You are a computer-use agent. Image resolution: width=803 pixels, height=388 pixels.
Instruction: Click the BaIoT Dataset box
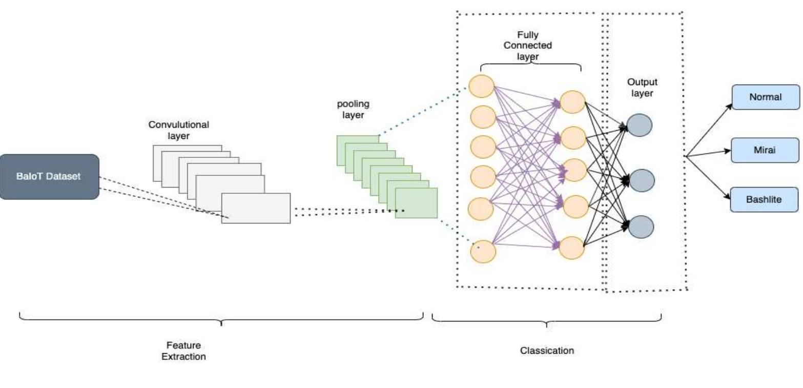pos(49,176)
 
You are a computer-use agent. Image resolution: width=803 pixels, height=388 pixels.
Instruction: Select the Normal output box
pos(765,97)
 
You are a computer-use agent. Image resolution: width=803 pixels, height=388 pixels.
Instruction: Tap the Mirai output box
pos(765,150)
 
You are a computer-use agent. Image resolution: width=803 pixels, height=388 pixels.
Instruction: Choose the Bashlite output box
pos(764,199)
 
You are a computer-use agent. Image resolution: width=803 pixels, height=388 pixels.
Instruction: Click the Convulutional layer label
pos(178,130)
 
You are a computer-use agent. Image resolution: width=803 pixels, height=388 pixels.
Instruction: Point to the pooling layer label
pos(353,109)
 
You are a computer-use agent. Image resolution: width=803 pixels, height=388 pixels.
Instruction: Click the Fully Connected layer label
pos(527,46)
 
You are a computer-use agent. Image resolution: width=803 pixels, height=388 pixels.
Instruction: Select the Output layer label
pos(642,87)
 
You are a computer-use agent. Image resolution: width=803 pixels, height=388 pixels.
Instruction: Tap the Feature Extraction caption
pos(183,351)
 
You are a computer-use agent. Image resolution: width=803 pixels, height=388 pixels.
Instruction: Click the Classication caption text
pos(547,351)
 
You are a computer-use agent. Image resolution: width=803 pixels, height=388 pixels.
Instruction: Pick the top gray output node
pos(640,125)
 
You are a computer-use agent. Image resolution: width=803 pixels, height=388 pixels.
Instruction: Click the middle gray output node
pos(641,180)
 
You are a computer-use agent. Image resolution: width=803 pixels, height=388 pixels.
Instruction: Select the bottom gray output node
pos(641,227)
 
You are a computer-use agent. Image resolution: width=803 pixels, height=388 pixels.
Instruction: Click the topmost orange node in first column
pos(481,86)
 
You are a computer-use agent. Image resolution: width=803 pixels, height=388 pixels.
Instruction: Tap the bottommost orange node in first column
pos(483,251)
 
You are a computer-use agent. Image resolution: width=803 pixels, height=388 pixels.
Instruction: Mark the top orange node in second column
pos(572,102)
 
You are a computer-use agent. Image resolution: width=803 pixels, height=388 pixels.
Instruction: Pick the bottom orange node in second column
pos(572,248)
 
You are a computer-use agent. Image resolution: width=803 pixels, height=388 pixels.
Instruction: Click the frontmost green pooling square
pos(416,203)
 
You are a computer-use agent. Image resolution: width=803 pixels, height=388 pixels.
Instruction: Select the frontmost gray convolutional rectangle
pos(256,208)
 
